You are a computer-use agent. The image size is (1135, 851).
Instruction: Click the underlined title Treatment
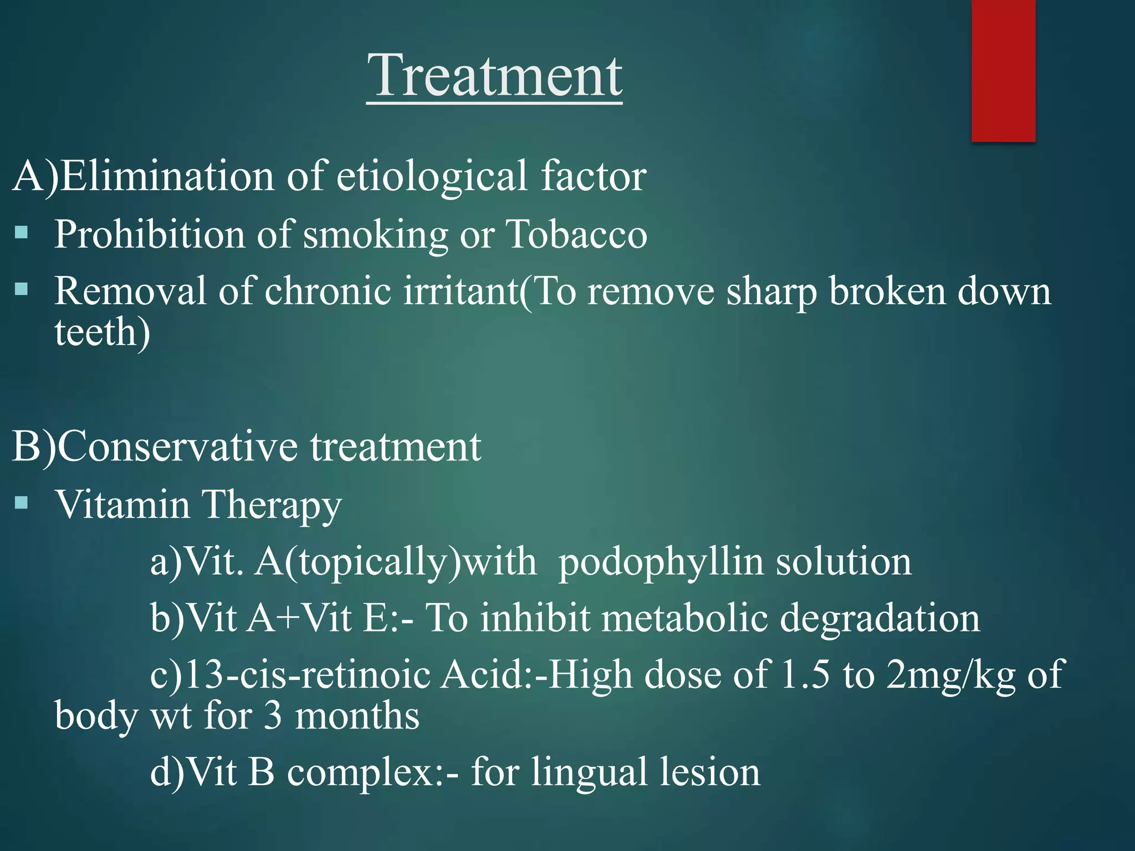[x=494, y=76]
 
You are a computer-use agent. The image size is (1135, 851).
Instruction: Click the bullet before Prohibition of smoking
[x=22, y=232]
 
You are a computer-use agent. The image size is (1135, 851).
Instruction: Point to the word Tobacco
[x=576, y=234]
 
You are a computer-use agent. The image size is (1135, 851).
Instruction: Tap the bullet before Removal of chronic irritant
[x=22, y=289]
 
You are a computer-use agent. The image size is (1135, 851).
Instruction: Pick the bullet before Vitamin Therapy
[x=22, y=503]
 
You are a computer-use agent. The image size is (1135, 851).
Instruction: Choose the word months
[x=357, y=716]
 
